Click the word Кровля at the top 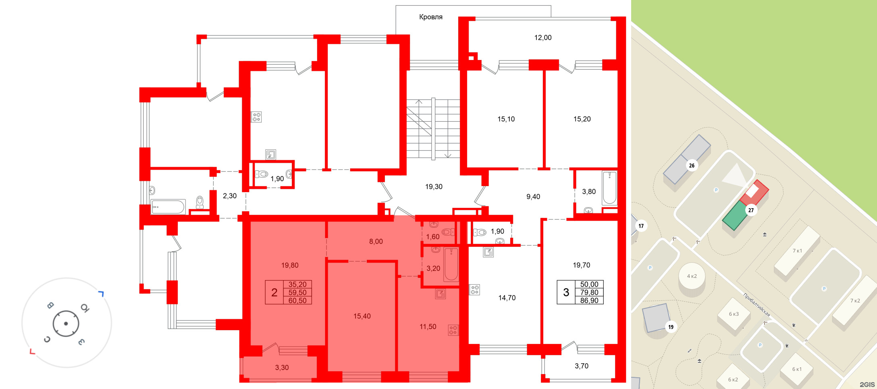coord(431,17)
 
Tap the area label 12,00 coord(543,38)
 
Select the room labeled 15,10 coord(506,119)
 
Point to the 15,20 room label coord(582,119)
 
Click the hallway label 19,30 coord(434,187)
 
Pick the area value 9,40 coord(533,197)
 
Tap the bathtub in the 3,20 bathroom coord(451,265)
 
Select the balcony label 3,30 coord(282,368)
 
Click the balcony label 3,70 coord(582,366)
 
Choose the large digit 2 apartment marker coord(274,292)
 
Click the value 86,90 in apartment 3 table coord(589,300)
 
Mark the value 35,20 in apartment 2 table coord(297,284)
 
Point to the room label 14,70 coord(507,298)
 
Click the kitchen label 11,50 coord(428,327)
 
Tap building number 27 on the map coord(751,210)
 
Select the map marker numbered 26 coord(692,166)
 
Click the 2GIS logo coord(867,385)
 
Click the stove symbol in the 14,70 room coord(475,290)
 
